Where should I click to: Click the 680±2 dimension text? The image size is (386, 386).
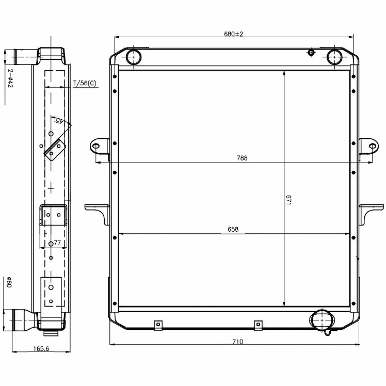point(233,34)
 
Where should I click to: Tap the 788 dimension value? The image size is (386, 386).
point(242,158)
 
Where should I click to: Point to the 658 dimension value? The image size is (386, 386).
point(233,229)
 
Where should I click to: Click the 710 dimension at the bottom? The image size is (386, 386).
point(238,341)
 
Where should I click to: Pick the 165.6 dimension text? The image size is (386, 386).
point(41,349)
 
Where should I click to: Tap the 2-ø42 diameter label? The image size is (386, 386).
point(10,78)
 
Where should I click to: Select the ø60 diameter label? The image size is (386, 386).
point(9,282)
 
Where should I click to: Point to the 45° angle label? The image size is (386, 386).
point(59,121)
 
